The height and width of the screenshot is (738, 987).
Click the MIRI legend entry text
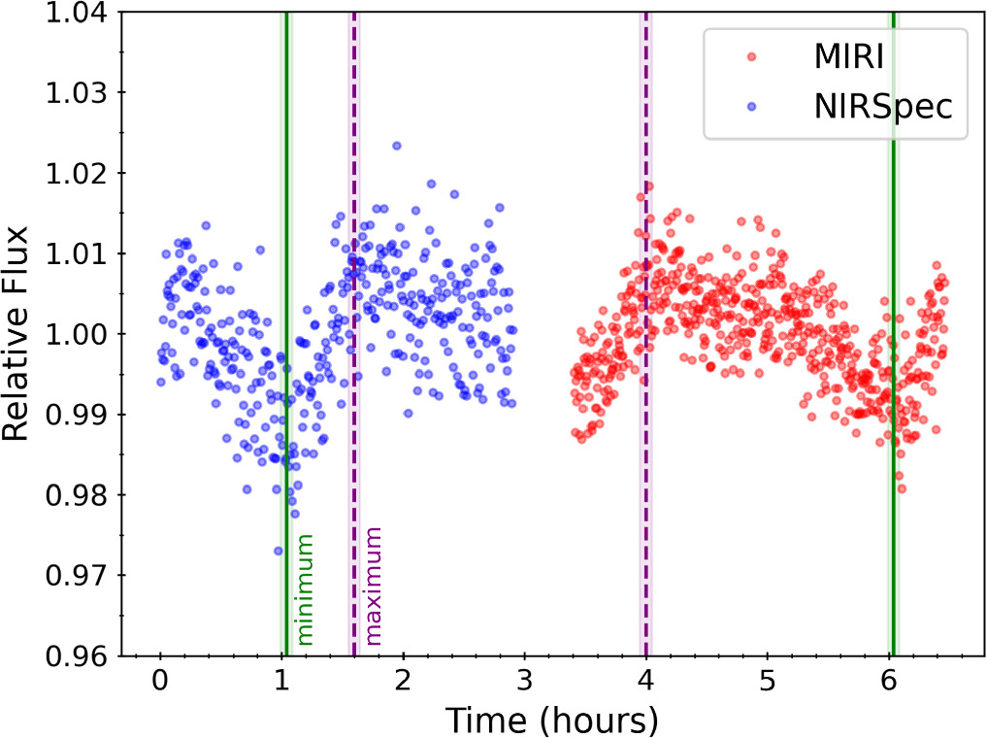pos(847,58)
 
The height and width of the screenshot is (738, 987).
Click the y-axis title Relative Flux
pos(23,334)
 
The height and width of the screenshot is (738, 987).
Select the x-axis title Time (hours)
pos(551,720)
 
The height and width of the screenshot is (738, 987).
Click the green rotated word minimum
pos(305,589)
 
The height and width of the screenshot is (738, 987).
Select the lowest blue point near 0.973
pos(279,551)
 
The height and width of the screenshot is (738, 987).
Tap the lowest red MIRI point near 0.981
pos(902,487)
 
